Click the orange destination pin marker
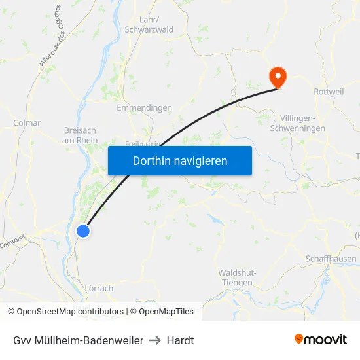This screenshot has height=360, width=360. [278, 77]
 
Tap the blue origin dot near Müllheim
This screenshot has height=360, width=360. [83, 230]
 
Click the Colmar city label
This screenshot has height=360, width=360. [27, 122]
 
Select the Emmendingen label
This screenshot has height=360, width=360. [144, 108]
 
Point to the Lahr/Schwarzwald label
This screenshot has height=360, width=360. [148, 25]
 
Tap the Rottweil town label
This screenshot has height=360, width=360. [329, 92]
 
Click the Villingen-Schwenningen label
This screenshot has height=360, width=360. [302, 123]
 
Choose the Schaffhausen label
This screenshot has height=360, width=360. [331, 259]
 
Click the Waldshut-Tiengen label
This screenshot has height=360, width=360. [236, 278]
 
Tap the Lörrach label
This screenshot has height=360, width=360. [99, 288]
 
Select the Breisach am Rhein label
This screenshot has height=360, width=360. [81, 135]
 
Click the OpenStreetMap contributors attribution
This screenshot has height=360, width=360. [69, 312]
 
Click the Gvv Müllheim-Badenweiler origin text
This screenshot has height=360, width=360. [78, 340]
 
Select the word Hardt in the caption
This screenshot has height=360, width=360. [181, 340]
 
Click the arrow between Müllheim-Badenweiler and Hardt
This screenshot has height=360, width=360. [155, 340]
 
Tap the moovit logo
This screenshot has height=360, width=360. [320, 339]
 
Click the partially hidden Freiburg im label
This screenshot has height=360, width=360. [143, 143]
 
